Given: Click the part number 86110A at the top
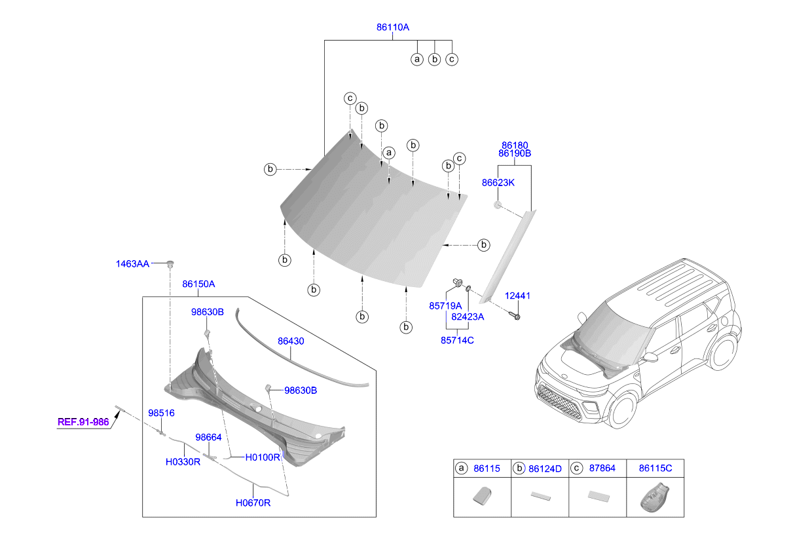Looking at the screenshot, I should coord(392,28).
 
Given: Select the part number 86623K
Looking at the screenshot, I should coord(498,183).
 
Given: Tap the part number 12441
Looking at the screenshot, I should coord(517,296).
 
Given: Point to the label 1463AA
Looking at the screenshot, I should coord(133,263).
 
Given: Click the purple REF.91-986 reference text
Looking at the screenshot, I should coord(83,422).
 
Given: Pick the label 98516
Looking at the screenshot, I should coord(161,413).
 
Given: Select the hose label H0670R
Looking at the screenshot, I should coord(253,503).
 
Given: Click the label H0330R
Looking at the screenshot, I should coord(182,461).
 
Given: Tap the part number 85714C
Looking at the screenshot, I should coord(457,340).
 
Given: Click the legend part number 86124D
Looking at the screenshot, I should coord(545,469).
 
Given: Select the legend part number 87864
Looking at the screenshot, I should coord(601,469).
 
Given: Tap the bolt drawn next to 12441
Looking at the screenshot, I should coord(513,316).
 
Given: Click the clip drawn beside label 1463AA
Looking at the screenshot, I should coord(170,264).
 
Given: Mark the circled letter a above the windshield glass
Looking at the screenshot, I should coord(389,153).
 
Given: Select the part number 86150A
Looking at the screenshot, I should coord(198,284).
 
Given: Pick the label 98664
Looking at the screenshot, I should coord(208,436).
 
